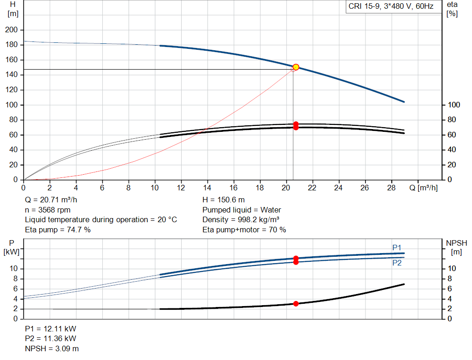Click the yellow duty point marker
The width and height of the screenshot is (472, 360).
[x=296, y=67]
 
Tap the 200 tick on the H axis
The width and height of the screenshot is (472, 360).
[x=11, y=30]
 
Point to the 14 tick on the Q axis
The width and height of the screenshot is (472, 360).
[x=207, y=188]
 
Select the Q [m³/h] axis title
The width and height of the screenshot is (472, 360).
[x=423, y=188]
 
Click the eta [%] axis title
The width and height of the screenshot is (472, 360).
[x=452, y=9]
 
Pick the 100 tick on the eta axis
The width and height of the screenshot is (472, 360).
[x=454, y=105]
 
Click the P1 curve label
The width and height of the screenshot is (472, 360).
[x=397, y=248]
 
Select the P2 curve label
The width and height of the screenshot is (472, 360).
[x=397, y=263]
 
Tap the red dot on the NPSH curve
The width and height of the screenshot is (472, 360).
[x=296, y=304]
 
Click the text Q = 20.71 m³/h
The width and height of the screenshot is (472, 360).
[x=51, y=200]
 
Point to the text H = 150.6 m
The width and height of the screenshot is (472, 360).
[x=224, y=200]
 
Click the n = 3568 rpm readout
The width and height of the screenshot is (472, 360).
[x=47, y=210]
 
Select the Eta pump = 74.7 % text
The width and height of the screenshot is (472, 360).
[x=58, y=230]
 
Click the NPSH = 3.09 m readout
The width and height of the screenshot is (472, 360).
[x=52, y=348]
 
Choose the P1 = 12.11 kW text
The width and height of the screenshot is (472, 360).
[x=50, y=329]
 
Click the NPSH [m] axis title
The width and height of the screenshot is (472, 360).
[x=456, y=248]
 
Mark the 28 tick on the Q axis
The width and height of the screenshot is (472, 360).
[x=391, y=188]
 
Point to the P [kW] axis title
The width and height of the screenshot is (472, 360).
[x=12, y=248]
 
